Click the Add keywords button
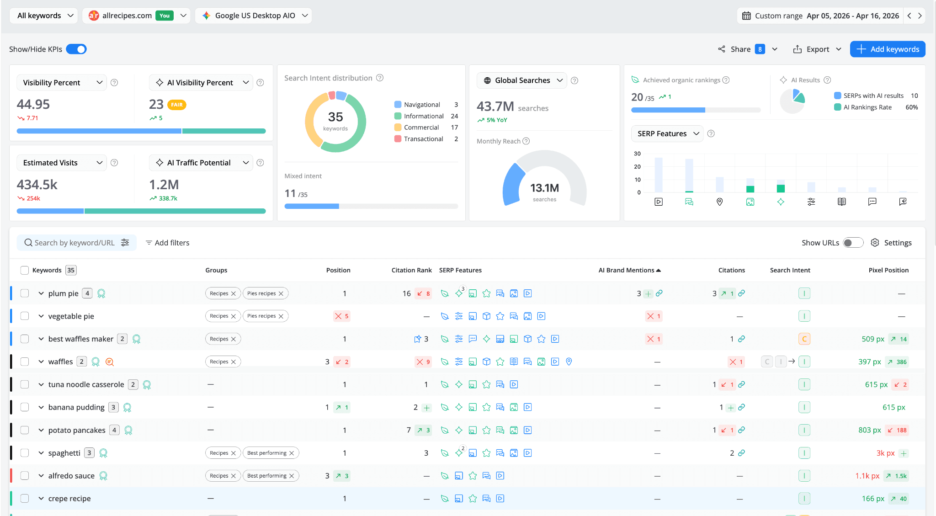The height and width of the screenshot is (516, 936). click(887, 49)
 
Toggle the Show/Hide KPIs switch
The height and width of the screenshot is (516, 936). click(76, 49)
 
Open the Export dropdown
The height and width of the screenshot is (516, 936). click(817, 49)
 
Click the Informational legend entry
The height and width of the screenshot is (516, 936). click(423, 116)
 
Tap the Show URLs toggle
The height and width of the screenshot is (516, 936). click(853, 243)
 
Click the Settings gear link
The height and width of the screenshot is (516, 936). click(891, 243)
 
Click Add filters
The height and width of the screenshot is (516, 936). click(167, 243)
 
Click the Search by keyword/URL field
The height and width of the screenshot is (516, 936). click(74, 243)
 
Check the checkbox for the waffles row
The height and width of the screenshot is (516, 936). click(25, 362)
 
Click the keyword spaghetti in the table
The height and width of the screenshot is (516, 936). click(64, 453)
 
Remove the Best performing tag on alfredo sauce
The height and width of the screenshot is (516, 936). click(292, 476)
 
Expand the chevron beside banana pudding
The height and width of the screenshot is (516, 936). click(41, 407)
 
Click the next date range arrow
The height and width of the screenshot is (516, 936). click(920, 16)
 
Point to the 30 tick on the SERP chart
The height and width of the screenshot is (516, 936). click(637, 154)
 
